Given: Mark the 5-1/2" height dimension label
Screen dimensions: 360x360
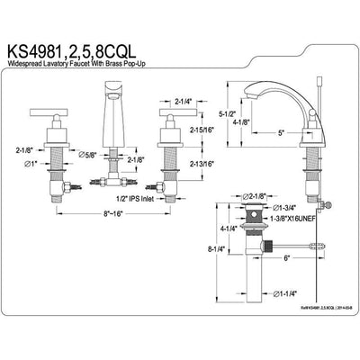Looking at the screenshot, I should pyautogui.click(x=229, y=114).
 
